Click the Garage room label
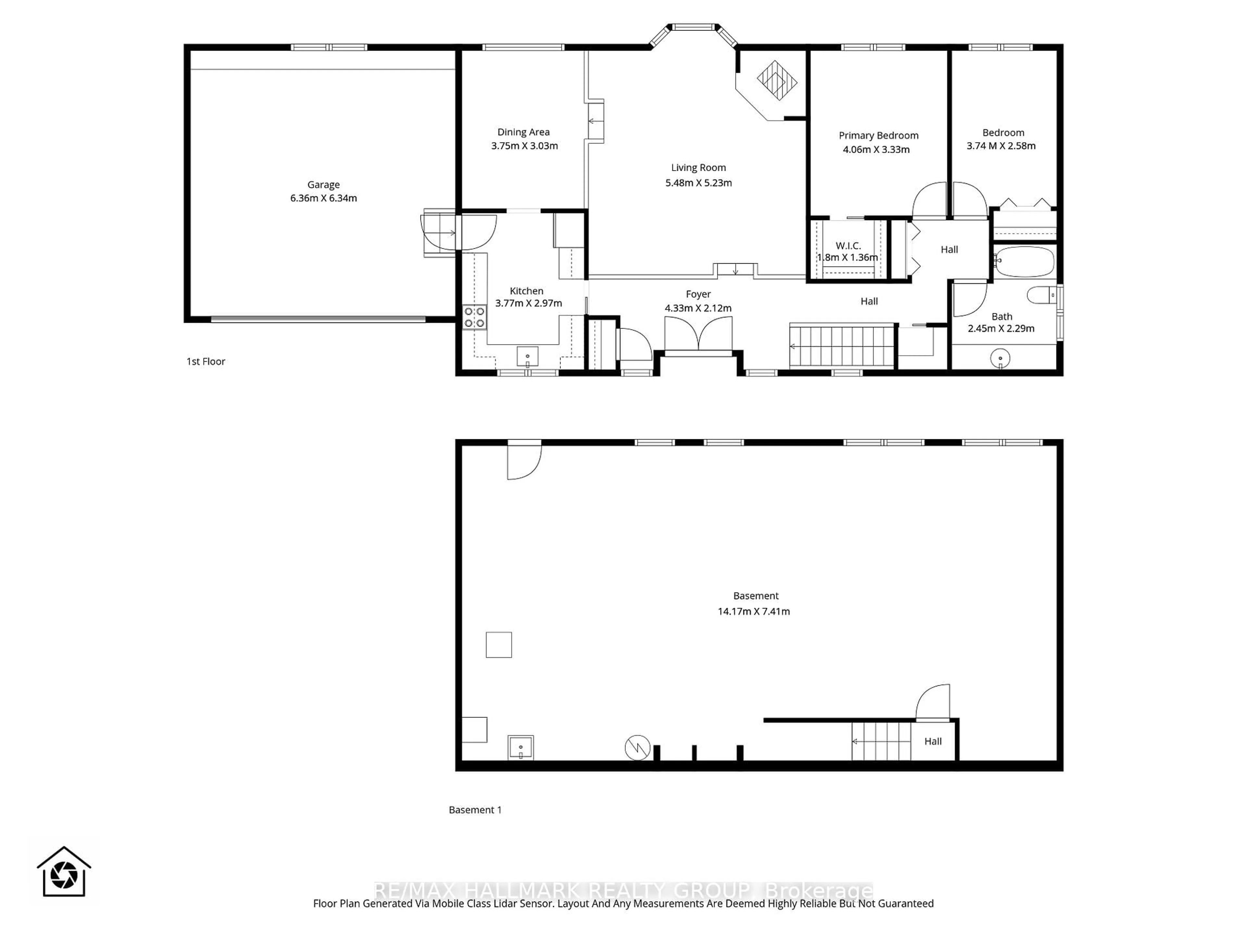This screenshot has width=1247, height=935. pyautogui.click(x=323, y=185)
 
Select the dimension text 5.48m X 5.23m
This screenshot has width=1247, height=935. pyautogui.click(x=699, y=182)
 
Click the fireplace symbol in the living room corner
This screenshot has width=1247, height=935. pyautogui.click(x=777, y=80)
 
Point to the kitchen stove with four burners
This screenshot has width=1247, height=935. pyautogui.click(x=474, y=317)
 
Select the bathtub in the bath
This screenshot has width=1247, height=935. pyautogui.click(x=1024, y=261)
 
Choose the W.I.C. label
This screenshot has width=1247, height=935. pyautogui.click(x=848, y=246)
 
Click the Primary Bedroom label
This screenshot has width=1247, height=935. pyautogui.click(x=878, y=135)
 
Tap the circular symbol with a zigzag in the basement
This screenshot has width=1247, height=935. pyautogui.click(x=637, y=748)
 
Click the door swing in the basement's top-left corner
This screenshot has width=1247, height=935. pyautogui.click(x=524, y=461)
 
